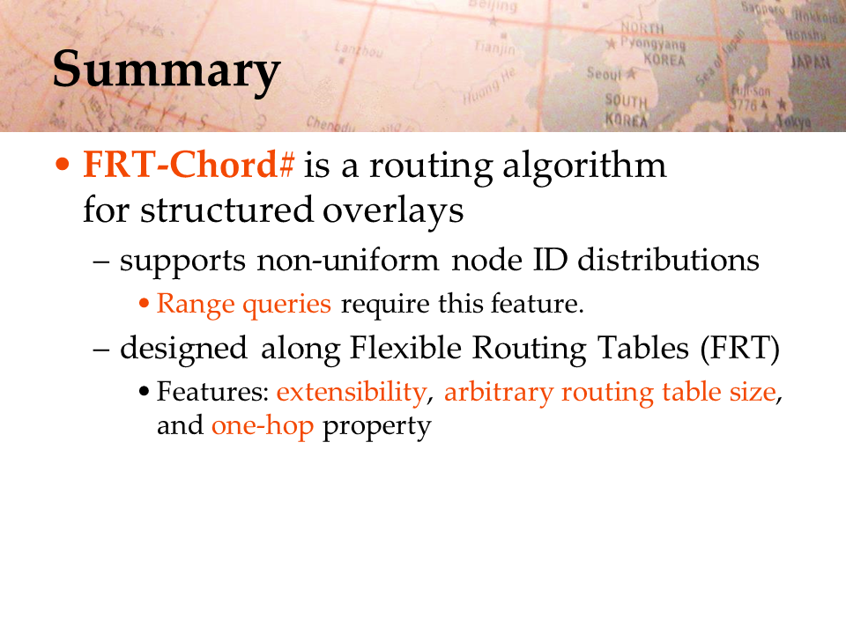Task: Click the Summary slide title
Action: (167, 71)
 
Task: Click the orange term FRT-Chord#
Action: (189, 165)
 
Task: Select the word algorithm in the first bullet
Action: (584, 166)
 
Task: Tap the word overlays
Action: (393, 211)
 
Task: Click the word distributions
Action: (668, 260)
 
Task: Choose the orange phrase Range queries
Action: (244, 305)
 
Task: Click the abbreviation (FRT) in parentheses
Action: (739, 349)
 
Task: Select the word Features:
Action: (212, 391)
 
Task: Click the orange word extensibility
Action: (352, 393)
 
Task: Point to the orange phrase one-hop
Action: (263, 426)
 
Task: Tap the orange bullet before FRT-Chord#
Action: (63, 164)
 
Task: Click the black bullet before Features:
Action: (144, 391)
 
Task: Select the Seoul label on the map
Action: (605, 73)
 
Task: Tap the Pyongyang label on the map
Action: (652, 43)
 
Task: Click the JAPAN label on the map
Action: (811, 63)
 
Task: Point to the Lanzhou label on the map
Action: (359, 50)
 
